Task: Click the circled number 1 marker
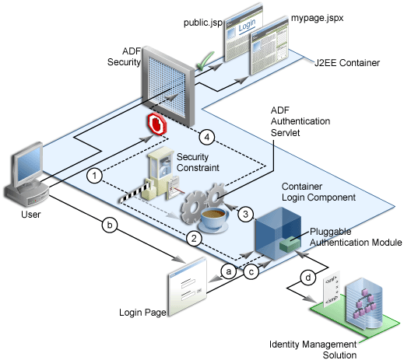93,176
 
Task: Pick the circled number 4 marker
206,137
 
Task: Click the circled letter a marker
229,271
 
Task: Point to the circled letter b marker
110,227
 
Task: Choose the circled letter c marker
251,271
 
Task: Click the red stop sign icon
158,124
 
